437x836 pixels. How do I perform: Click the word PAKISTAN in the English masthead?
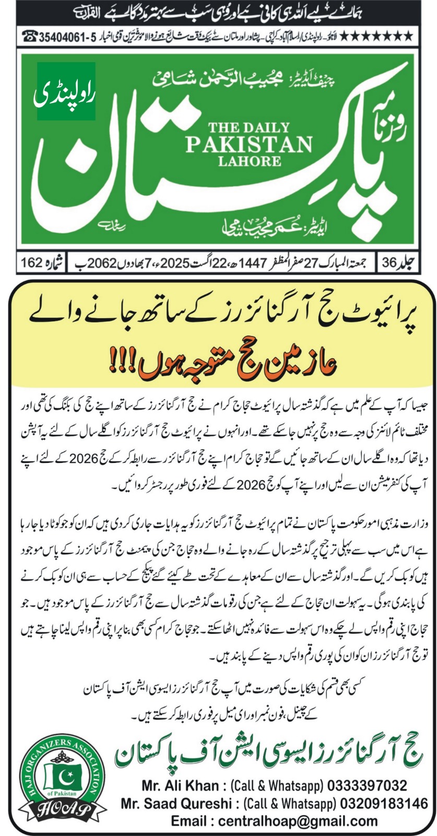pyautogui.click(x=249, y=143)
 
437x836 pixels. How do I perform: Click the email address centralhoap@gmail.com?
pyautogui.click(x=274, y=820)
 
